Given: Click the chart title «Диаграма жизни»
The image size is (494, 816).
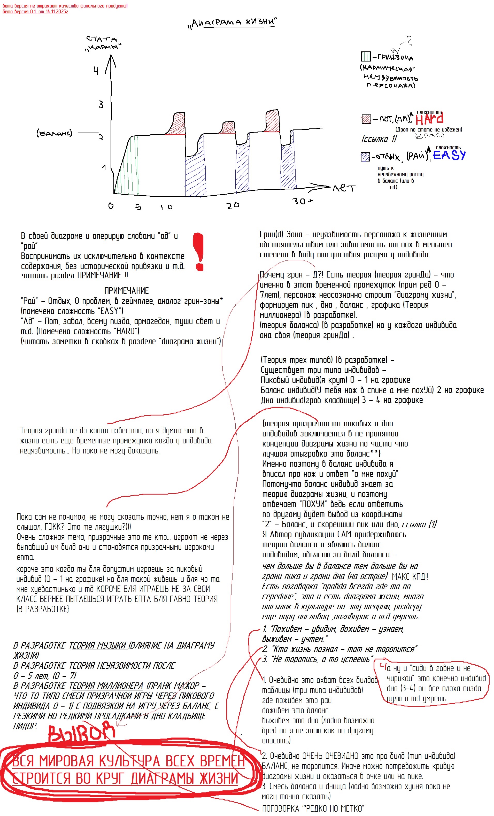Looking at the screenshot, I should pyautogui.click(x=233, y=22).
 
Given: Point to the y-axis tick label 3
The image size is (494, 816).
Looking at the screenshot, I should pyautogui.click(x=101, y=105).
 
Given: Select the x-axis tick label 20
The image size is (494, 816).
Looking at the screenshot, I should pyautogui.click(x=233, y=206).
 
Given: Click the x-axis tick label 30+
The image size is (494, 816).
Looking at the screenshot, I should pyautogui.click(x=302, y=201).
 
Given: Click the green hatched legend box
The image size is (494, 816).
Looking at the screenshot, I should pyautogui.click(x=366, y=57).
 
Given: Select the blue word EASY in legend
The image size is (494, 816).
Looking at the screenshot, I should pyautogui.click(x=449, y=155).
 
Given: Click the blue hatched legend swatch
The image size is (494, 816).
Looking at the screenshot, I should pyautogui.click(x=365, y=157).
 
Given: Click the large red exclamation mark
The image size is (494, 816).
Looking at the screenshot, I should pyautogui.click(x=199, y=252).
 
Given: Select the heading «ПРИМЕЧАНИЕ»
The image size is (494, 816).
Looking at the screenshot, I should pyautogui.click(x=127, y=291).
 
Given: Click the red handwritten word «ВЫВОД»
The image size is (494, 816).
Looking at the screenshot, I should pyautogui.click(x=81, y=734).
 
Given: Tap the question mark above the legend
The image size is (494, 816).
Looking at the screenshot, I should pyautogui.click(x=409, y=41).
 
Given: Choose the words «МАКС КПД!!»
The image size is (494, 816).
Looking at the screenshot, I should pyautogui.click(x=410, y=576).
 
